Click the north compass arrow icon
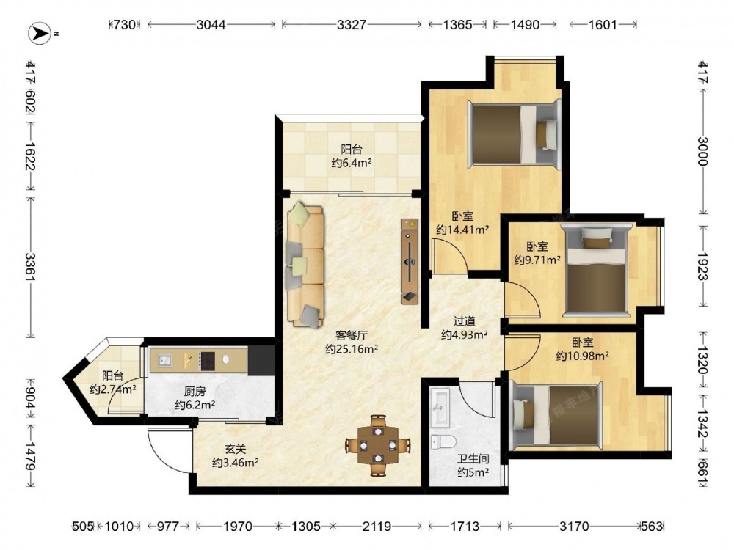[40, 34]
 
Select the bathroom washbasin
[440, 407]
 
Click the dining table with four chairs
[378, 446]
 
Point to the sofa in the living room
[305, 264]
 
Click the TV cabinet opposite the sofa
[410, 261]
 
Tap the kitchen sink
[164, 360]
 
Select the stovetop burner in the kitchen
[207, 361]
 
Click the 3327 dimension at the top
[351, 24]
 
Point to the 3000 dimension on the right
[702, 151]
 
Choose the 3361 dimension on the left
[31, 267]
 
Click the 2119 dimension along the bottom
[377, 527]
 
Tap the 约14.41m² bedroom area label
[462, 230]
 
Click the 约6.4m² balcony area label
[352, 163]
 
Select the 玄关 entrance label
[235, 450]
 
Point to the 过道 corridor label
[465, 321]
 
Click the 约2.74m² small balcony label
[113, 389]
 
